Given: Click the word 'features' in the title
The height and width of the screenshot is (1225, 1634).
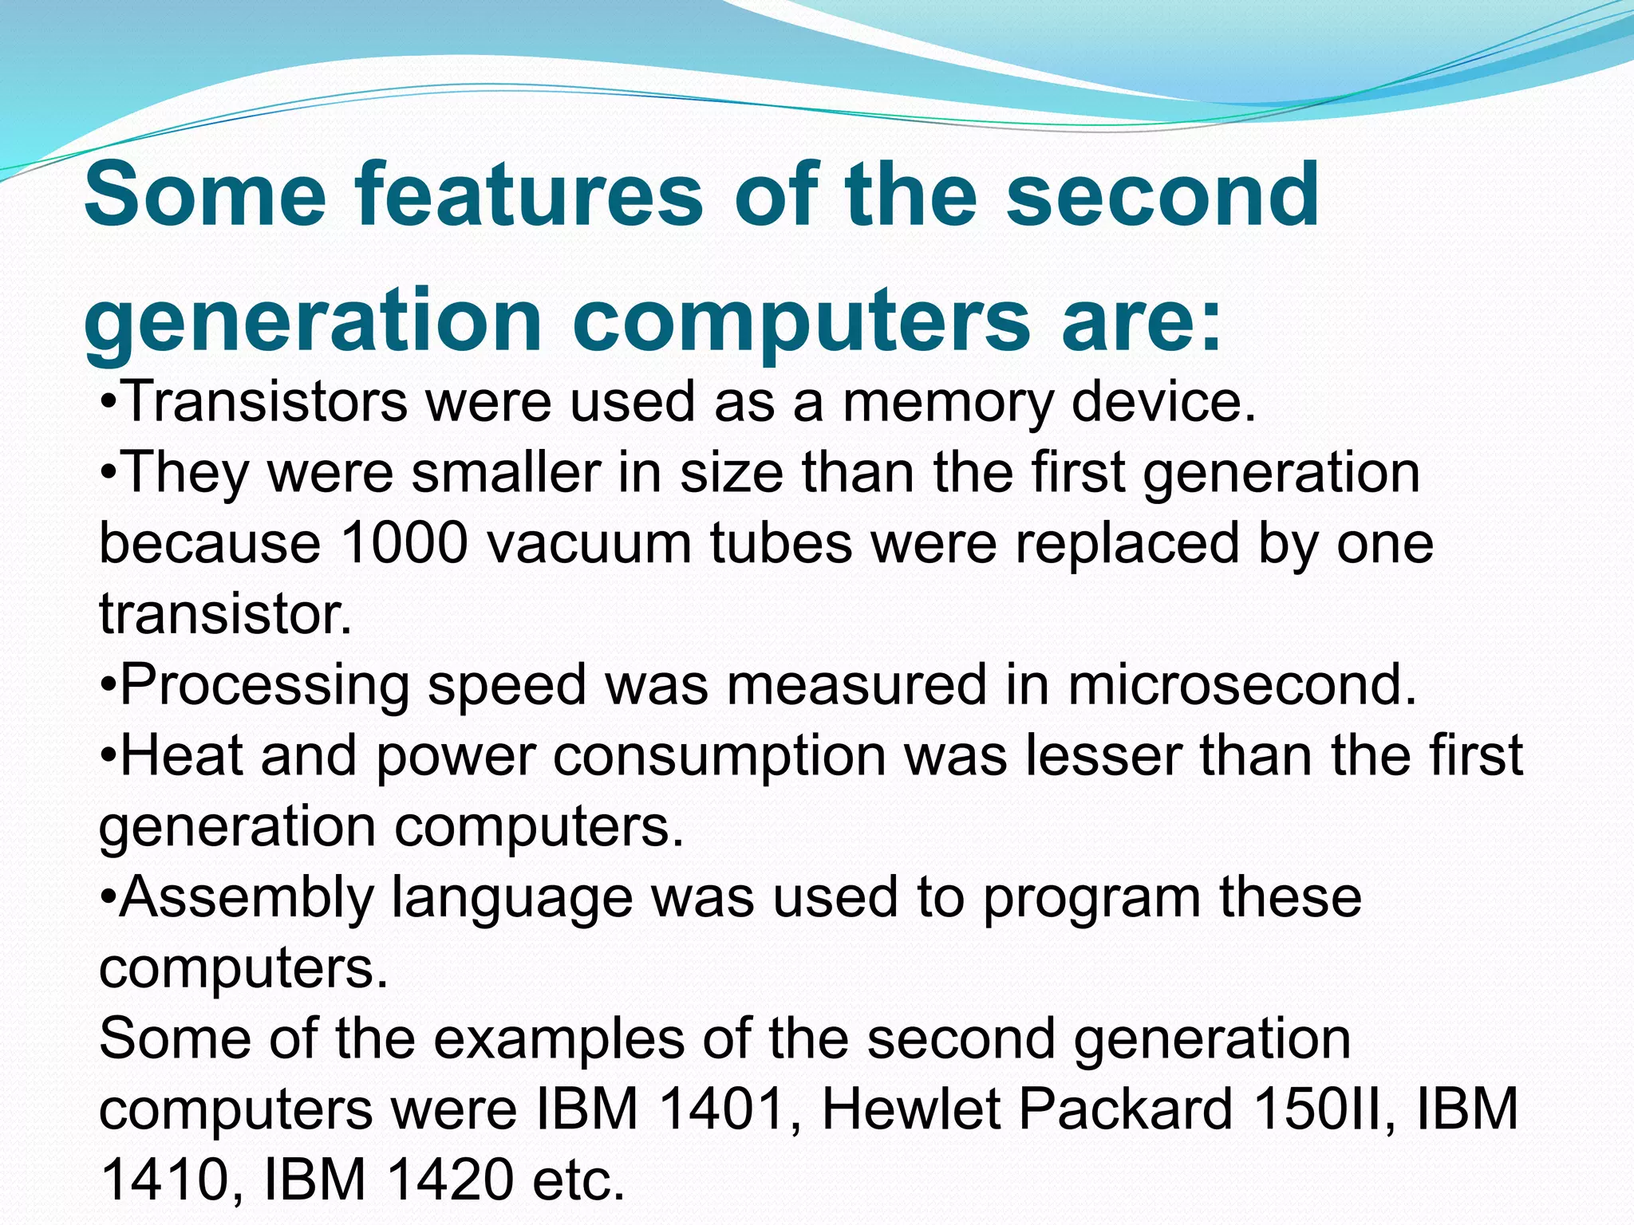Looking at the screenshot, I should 529,195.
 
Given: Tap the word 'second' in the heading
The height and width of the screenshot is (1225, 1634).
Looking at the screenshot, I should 1162,195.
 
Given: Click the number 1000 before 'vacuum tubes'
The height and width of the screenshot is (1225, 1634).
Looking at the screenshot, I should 404,544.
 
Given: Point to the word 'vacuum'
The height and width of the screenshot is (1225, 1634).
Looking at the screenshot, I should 590,544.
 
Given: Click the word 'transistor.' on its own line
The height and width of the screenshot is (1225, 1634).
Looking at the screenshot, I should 226,614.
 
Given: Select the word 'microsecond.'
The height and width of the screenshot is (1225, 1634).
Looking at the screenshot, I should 1242,685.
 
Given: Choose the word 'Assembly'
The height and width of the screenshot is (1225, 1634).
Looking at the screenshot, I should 247,898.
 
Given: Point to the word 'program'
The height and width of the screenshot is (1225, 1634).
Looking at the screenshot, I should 1091,898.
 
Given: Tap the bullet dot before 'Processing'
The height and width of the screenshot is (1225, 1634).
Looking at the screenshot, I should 109,685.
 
